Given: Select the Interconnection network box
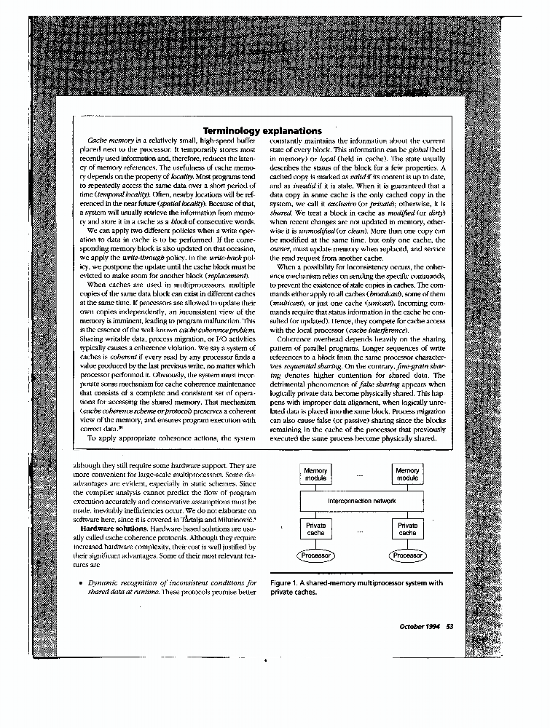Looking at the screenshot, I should (x=361, y=502).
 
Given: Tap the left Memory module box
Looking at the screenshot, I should (x=315, y=474).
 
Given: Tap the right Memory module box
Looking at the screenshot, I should (x=407, y=474).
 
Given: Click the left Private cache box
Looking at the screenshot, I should (x=315, y=529).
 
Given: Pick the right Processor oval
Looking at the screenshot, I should (x=407, y=555).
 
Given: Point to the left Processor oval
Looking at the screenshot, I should (x=315, y=555).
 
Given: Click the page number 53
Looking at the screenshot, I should (x=449, y=628).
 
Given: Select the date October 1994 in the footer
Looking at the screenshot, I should (x=420, y=628).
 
